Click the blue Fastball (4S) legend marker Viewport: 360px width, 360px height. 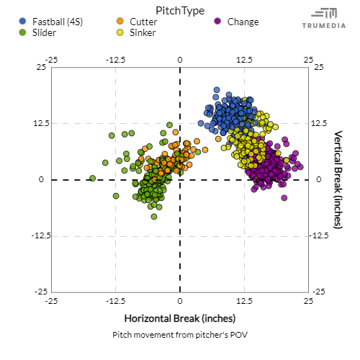[x=25, y=22]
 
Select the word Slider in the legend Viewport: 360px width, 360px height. [x=45, y=33]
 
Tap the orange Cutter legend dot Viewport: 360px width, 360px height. [x=120, y=22]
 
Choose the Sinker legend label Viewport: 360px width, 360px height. [x=142, y=33]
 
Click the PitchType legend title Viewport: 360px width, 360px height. [x=179, y=10]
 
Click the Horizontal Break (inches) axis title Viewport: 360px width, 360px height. [x=179, y=318]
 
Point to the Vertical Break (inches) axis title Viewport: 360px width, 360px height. [x=338, y=179]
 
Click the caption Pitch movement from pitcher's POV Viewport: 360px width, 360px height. [x=179, y=336]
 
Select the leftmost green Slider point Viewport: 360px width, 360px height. [x=92, y=178]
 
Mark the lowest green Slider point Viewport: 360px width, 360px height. [x=154, y=216]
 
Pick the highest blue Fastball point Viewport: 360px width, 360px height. [x=216, y=91]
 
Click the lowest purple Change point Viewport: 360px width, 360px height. [x=284, y=197]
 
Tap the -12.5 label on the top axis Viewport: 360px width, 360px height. [x=115, y=59]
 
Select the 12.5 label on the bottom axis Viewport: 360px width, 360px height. [x=244, y=300]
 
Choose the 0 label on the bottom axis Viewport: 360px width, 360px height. [x=180, y=300]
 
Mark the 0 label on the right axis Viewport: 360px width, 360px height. [x=318, y=179]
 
